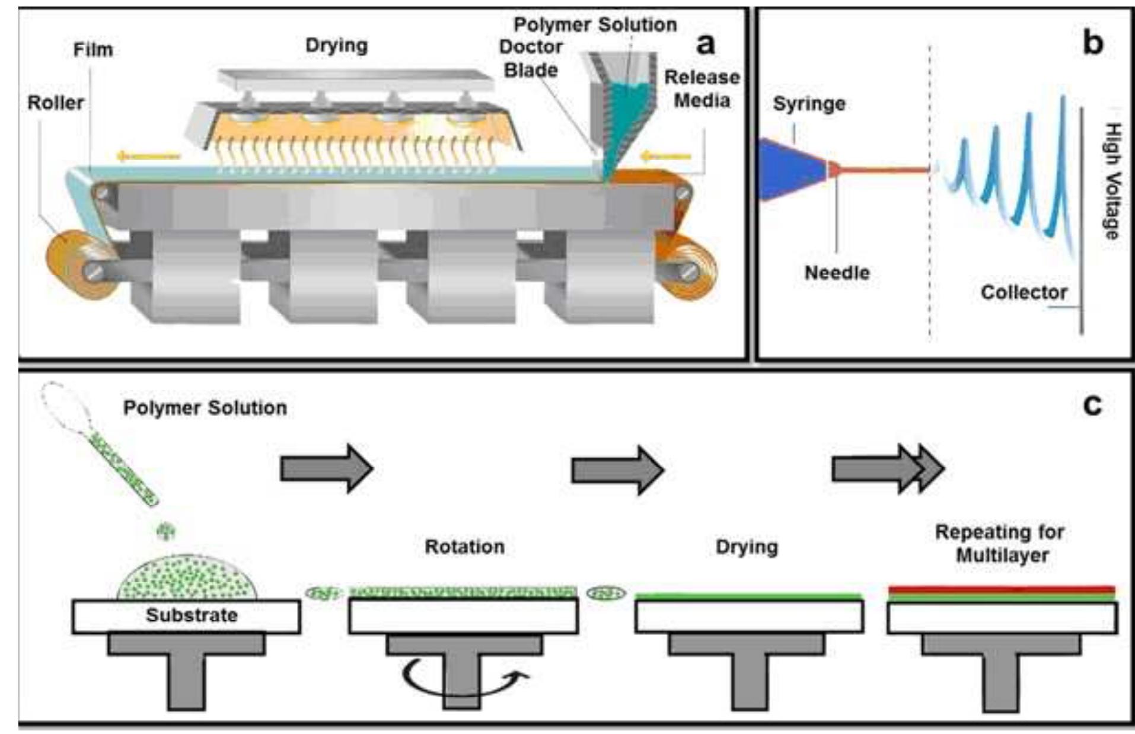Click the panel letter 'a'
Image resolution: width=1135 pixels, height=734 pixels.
pos(704,43)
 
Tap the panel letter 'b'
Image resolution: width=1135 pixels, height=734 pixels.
pos(1092,43)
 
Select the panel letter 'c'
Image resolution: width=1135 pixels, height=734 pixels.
pos(1092,406)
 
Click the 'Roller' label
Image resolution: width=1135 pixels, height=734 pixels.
pos(56,103)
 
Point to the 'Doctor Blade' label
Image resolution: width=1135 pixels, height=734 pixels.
pos(531,58)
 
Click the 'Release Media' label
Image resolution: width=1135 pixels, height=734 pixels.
pos(702,88)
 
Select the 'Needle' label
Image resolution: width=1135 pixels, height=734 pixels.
pos(837,273)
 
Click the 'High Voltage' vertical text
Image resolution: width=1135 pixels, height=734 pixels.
pos(1112,181)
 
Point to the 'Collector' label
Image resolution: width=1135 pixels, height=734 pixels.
pos(1024,292)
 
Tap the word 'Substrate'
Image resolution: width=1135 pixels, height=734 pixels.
pos(192,615)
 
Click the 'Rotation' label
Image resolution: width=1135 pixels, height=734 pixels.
pos(464,547)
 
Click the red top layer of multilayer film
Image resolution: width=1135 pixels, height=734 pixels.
pos(1001,589)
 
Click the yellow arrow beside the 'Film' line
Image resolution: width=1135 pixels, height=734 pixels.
pos(148,157)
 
